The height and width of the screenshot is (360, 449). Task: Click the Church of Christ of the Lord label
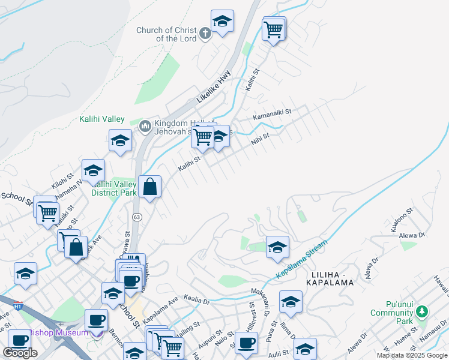tap(166, 34)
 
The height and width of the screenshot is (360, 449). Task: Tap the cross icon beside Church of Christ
tap(204, 33)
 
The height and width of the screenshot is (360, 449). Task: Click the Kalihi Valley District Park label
tap(113, 188)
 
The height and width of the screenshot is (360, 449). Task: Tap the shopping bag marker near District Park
tap(149, 187)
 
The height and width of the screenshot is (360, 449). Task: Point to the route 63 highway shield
tap(137, 217)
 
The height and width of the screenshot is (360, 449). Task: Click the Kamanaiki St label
tap(271, 112)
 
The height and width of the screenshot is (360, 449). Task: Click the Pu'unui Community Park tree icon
tap(422, 311)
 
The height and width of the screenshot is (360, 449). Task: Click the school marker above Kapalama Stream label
tap(277, 247)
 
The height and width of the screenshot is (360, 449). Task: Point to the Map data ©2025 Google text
tap(411, 355)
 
